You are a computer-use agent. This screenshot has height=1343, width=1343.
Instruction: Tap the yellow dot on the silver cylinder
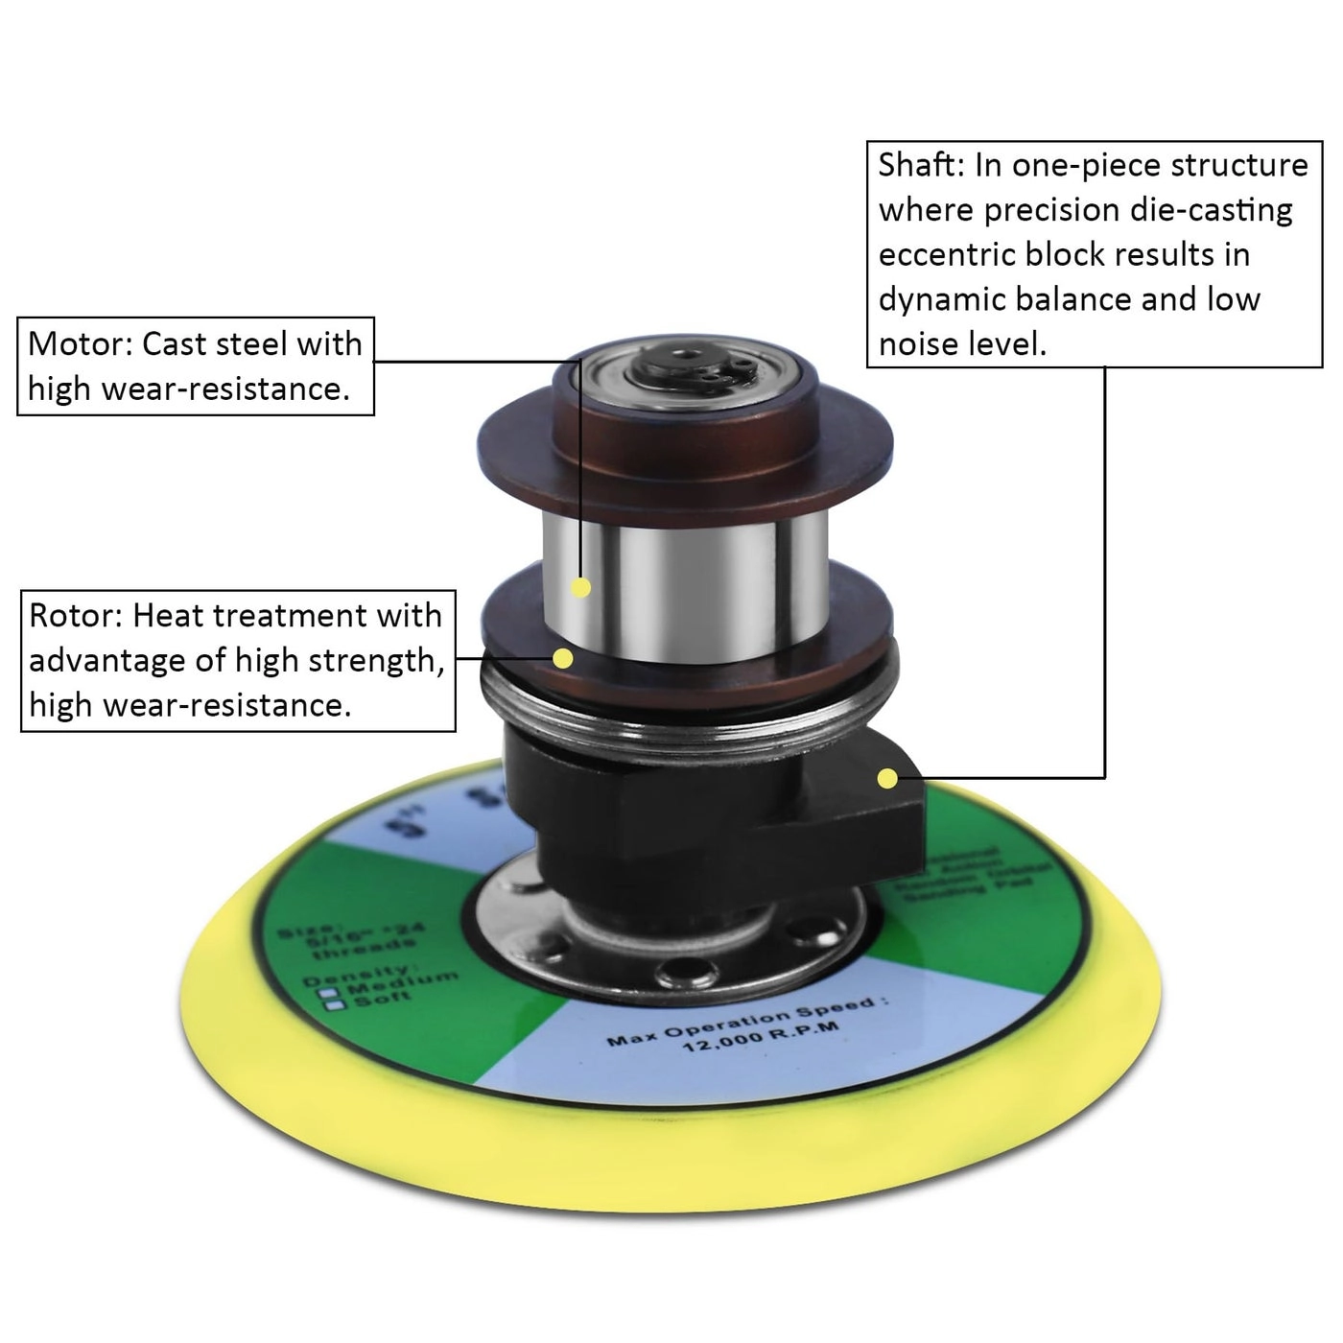click(580, 587)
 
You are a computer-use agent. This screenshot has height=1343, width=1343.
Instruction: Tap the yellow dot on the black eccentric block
click(888, 778)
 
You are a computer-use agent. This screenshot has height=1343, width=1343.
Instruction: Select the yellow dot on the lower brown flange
click(564, 658)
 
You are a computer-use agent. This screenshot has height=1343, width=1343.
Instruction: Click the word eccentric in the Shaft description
click(947, 254)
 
